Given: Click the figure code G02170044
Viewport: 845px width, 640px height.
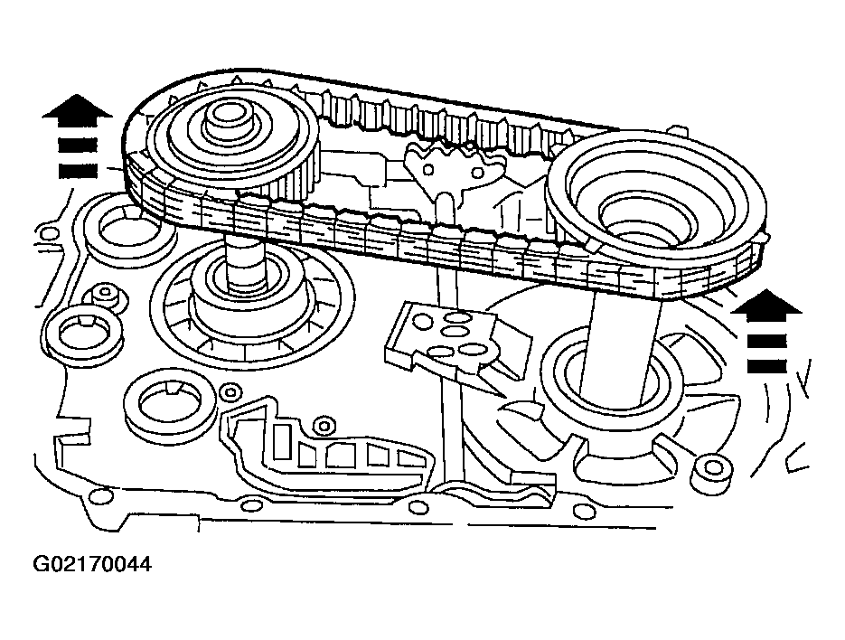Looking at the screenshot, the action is point(92,564).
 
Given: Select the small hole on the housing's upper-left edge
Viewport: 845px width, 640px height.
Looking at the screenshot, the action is point(49,233).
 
